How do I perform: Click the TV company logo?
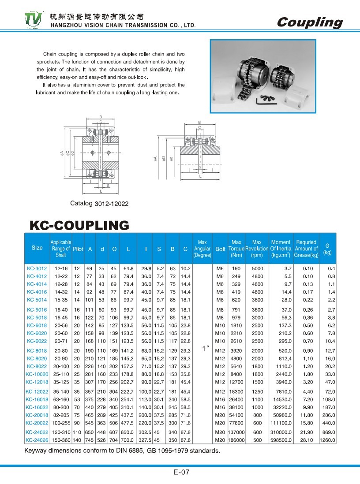point(34,19)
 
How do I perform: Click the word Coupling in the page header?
point(310,22)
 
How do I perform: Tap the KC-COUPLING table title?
point(79,226)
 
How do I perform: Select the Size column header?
point(37,248)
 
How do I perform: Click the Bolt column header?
point(220,249)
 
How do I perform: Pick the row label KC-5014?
point(37,299)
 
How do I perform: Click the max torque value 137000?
point(236,433)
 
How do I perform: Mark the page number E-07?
point(181,473)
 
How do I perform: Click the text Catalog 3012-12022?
point(99,204)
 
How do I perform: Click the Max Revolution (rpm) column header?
point(257,249)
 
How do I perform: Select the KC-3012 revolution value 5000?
point(257,268)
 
